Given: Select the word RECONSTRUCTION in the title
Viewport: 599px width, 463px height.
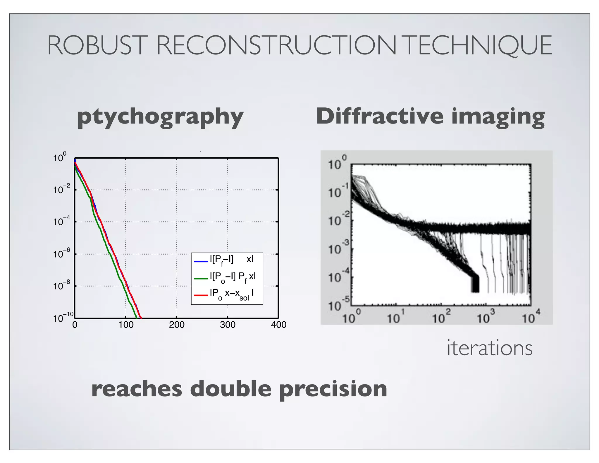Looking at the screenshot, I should click(276, 45).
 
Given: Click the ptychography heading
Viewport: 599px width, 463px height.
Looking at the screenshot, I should click(160, 117).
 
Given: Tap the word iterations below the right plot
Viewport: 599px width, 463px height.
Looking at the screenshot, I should click(490, 348).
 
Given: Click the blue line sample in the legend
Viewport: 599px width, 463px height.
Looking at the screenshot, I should click(201, 261).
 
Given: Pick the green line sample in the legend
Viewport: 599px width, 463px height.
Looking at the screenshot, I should click(201, 278).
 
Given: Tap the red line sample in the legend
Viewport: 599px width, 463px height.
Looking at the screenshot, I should click(201, 295).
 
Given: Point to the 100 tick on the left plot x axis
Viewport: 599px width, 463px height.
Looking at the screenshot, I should click(126, 325).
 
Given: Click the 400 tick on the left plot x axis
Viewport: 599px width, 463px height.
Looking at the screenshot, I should click(278, 325).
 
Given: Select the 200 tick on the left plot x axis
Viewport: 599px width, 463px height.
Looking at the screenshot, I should click(177, 325).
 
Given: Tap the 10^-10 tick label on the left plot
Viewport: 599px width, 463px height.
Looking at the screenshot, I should click(63, 318).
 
